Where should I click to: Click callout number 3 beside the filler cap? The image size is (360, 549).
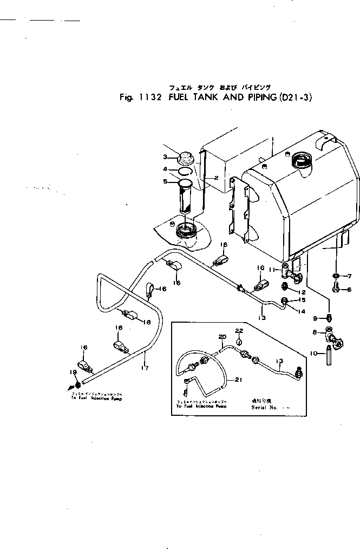tap(166, 157)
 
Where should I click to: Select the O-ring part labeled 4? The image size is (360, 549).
tap(185, 171)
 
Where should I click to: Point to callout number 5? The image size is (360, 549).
tap(166, 181)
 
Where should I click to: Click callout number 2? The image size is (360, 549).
tap(215, 178)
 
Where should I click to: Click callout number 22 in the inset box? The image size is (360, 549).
tap(239, 330)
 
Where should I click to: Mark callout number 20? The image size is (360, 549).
tap(221, 337)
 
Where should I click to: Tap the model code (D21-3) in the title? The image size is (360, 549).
tap(294, 99)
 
